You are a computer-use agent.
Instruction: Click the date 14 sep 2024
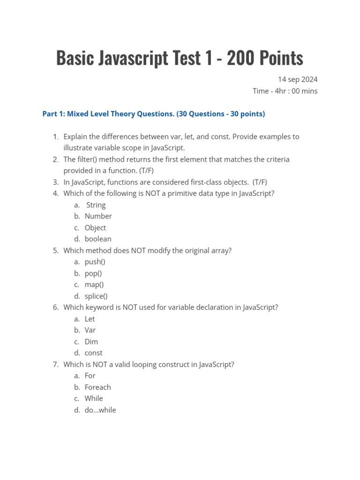pyautogui.click(x=298, y=79)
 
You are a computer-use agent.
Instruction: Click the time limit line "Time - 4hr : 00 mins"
pyautogui.click(x=285, y=91)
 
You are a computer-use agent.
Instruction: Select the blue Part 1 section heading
pyautogui.click(x=153, y=114)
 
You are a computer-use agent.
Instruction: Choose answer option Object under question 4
pyautogui.click(x=95, y=228)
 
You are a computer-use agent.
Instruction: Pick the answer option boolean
pyautogui.click(x=98, y=239)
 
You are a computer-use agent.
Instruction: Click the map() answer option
pyautogui.click(x=94, y=285)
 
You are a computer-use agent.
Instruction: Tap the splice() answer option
pyautogui.click(x=96, y=296)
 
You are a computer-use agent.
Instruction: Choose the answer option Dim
pyautogui.click(x=91, y=342)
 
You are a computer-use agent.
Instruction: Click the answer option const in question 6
pyautogui.click(x=93, y=353)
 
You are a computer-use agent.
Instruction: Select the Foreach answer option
pyautogui.click(x=97, y=387)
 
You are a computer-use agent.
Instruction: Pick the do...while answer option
pyautogui.click(x=100, y=410)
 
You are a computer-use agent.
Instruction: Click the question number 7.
pyautogui.click(x=55, y=365)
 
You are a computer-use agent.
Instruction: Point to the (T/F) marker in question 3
pyautogui.click(x=260, y=182)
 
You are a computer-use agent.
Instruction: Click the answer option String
pyautogui.click(x=96, y=205)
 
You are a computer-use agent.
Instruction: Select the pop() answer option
pyautogui.click(x=93, y=273)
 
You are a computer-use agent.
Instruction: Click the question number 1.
pyautogui.click(x=55, y=137)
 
